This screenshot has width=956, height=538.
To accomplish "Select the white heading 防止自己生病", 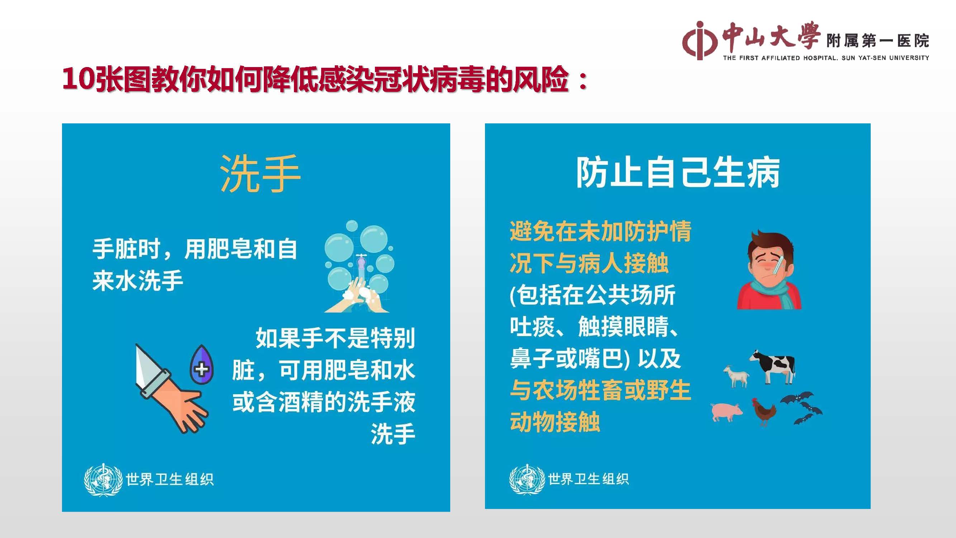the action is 678,173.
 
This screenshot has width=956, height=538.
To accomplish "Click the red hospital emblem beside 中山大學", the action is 699,41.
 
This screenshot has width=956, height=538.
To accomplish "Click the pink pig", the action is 726,411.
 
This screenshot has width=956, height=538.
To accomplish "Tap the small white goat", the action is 736,376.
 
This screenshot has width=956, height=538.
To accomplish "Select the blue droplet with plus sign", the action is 201,365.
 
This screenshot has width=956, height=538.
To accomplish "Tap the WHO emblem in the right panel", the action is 527,479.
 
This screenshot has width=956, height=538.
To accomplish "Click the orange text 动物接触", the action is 555,422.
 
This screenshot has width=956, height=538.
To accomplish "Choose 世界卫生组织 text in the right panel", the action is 588,479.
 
